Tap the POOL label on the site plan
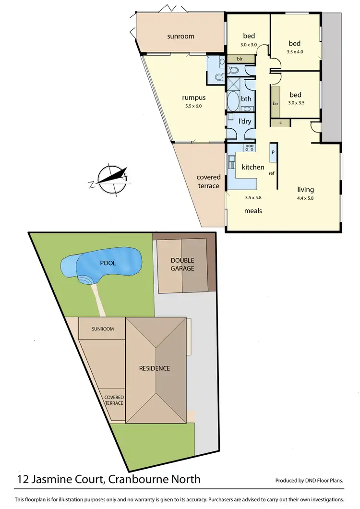(x=108, y=263)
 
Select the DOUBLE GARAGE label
(x=182, y=265)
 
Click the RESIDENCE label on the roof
(x=155, y=368)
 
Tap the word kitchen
(x=253, y=167)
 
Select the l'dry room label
(x=246, y=121)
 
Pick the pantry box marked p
(x=273, y=152)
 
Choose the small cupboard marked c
(x=280, y=123)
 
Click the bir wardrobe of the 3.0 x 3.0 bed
(x=239, y=58)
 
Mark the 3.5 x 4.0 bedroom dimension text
(x=295, y=51)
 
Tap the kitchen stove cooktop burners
(x=250, y=147)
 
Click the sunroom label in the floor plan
(x=180, y=36)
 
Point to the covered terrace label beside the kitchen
(x=208, y=182)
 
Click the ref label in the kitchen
(x=272, y=173)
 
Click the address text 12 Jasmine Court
(x=62, y=479)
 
